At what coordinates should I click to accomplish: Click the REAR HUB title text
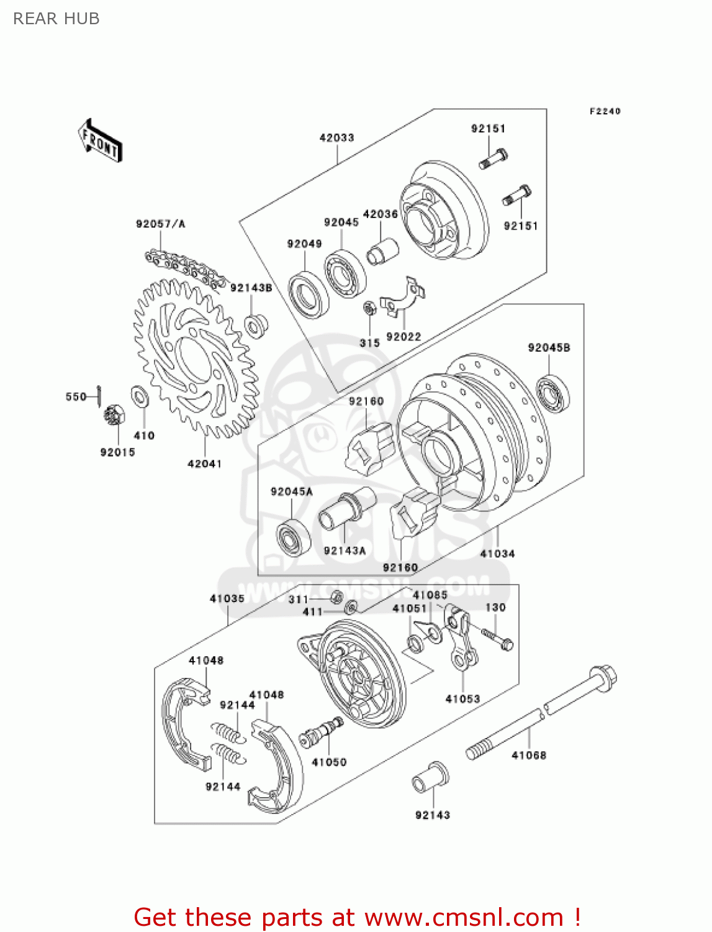point(56,19)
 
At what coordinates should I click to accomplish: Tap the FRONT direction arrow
point(100,141)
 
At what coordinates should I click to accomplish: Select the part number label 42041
point(204,464)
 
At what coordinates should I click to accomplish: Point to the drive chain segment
point(184,268)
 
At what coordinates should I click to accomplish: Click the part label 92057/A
point(160,224)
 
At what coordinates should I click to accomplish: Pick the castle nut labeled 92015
point(114,415)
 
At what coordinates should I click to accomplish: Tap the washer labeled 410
point(140,396)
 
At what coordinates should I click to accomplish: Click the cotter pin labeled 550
point(99,396)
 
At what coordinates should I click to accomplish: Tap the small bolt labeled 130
point(497,639)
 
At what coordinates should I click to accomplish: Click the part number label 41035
point(227,598)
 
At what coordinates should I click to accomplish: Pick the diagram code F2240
point(605,111)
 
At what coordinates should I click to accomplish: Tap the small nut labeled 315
point(369,308)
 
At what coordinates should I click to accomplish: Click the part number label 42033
point(336,138)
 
